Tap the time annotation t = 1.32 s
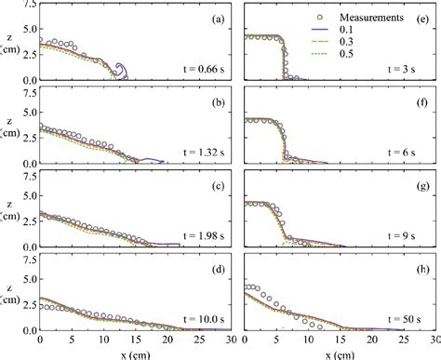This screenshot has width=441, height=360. point(194,152)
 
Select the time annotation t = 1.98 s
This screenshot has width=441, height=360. point(194,235)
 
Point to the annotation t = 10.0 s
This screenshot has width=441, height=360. point(194,318)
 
